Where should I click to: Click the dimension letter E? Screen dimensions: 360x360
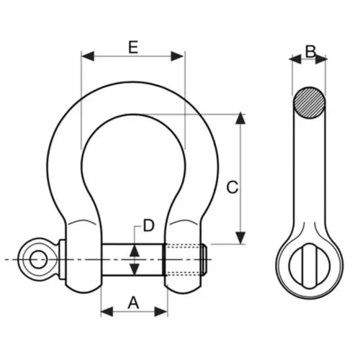coord(133,48)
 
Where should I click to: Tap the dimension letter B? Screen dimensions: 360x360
coord(310,51)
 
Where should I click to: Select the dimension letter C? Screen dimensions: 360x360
coord(233,187)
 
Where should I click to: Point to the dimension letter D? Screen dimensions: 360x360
coord(148,225)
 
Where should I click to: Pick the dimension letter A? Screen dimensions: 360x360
coord(133,302)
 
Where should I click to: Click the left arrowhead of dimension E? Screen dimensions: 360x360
coord(88,56)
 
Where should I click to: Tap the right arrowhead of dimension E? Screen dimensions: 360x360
coord(177,56)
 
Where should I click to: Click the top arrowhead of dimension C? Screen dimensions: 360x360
coord(240,118)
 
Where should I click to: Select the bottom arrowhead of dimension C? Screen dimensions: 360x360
coord(240,238)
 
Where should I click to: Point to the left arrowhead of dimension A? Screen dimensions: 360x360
coord(107,312)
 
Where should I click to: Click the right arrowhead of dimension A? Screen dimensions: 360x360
coord(161,312)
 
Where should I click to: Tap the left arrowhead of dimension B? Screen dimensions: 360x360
coord(296,59)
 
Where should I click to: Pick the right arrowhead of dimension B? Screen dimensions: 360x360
coord(321,59)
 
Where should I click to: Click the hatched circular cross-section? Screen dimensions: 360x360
coord(310,103)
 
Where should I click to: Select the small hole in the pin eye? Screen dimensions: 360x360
coord(38,259)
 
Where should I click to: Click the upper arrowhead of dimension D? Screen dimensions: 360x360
coord(135,251)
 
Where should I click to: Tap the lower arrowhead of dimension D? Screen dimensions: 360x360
coord(135,269)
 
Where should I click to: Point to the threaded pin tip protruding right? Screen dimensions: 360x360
coord(204,260)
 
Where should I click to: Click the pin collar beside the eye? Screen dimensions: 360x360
coord(62,259)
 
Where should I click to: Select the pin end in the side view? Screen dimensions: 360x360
coord(310,266)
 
